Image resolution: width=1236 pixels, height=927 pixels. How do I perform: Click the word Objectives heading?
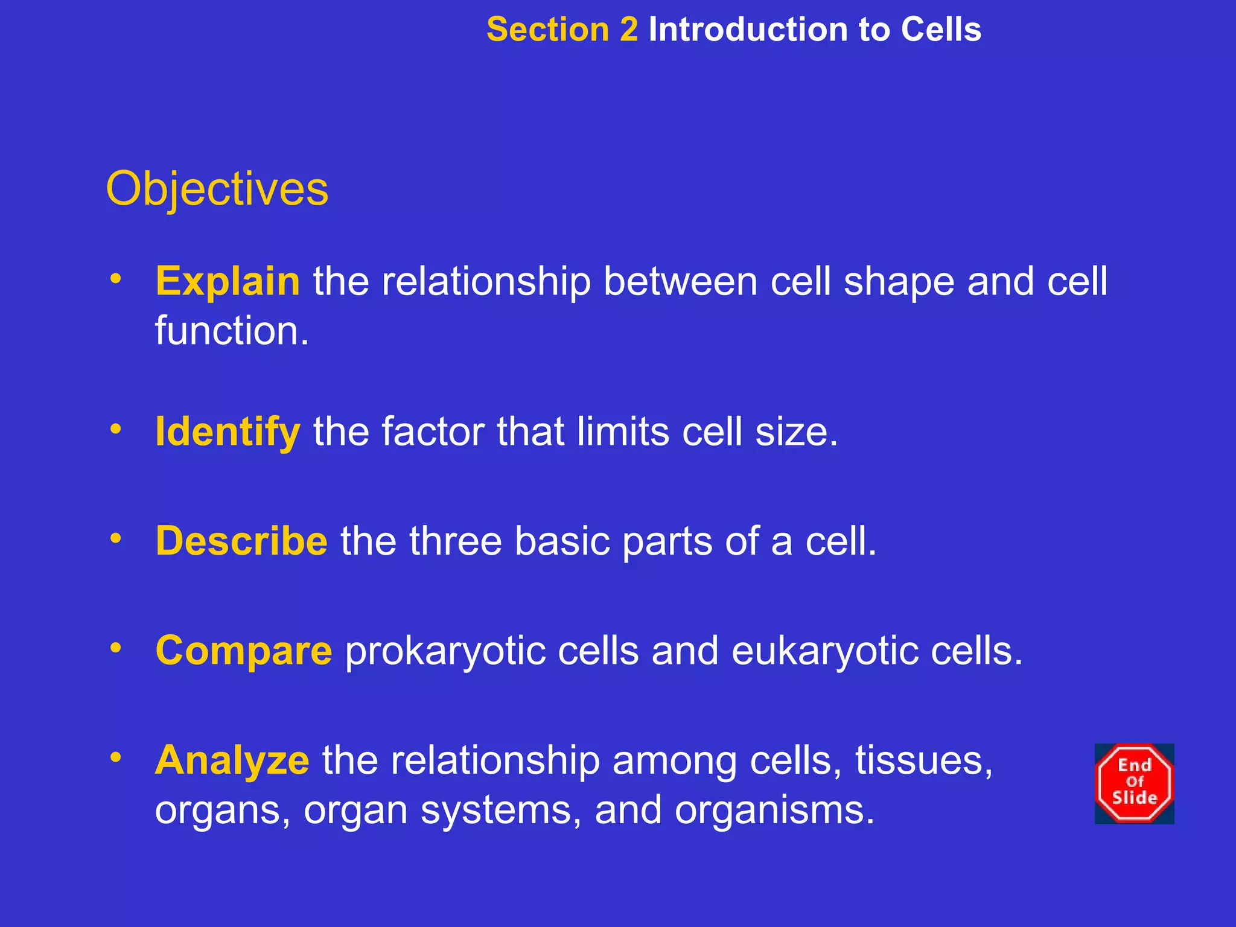(217, 190)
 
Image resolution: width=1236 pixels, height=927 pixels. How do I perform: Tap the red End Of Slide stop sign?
(1134, 783)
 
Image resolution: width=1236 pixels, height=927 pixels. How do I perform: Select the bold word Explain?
(228, 281)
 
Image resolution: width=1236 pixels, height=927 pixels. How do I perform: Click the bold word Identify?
(228, 432)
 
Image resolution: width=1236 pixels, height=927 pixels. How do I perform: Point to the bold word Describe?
(241, 541)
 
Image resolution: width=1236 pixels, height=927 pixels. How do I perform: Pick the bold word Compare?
(243, 651)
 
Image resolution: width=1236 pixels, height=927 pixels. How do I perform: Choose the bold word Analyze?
(232, 760)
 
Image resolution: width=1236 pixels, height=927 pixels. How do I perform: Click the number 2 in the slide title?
(629, 30)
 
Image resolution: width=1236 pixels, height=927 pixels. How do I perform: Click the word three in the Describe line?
(456, 541)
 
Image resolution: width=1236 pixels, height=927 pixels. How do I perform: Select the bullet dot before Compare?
(116, 648)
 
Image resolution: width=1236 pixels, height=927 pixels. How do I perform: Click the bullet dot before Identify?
(116, 428)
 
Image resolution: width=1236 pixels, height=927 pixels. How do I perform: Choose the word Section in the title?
(548, 30)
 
